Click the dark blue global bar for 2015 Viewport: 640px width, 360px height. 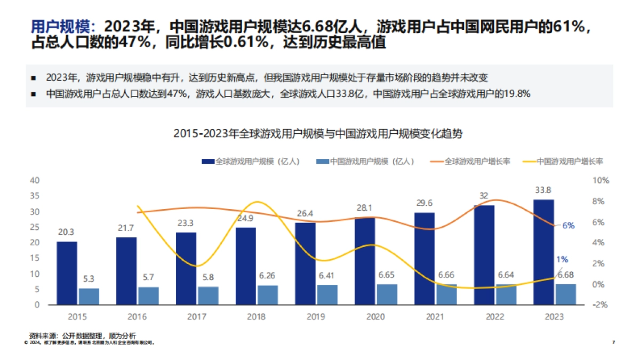coord(67,273)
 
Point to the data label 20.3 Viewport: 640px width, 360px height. coord(67,232)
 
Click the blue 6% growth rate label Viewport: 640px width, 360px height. coord(569,226)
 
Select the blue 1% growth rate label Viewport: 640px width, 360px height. coord(562,260)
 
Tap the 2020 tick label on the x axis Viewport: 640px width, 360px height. coord(376,316)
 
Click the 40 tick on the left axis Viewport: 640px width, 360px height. coord(36,180)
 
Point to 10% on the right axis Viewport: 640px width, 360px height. coord(601,180)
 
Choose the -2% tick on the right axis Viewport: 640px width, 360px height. coord(601,305)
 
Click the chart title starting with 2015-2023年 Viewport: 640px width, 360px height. coord(318,134)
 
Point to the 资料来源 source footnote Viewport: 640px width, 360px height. coord(83,335)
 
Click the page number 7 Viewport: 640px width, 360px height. coord(614,342)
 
